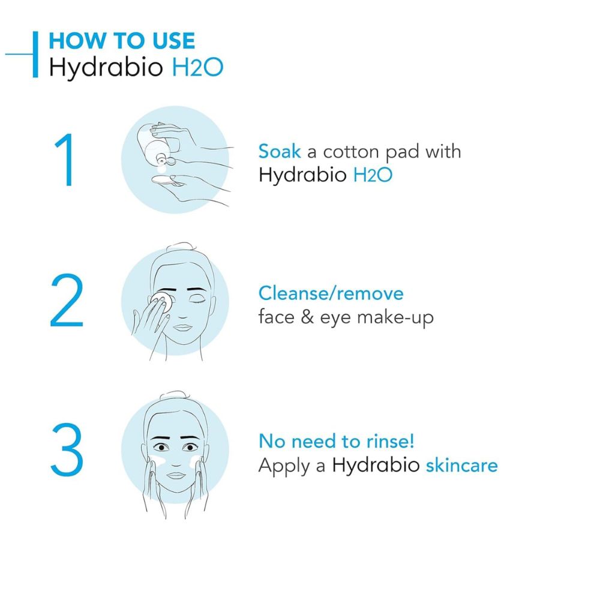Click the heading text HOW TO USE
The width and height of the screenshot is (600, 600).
pyautogui.click(x=122, y=41)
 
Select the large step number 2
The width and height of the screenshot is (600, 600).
pyautogui.click(x=67, y=300)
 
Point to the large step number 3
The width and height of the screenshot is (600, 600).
pyautogui.click(x=67, y=449)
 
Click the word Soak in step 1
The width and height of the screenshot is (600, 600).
pyautogui.click(x=280, y=151)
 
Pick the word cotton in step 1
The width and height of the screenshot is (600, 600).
pyautogui.click(x=351, y=152)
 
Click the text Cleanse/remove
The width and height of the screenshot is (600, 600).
pyautogui.click(x=331, y=293)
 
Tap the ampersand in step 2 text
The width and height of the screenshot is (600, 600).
pyautogui.click(x=307, y=317)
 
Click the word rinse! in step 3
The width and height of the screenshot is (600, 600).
pyautogui.click(x=391, y=441)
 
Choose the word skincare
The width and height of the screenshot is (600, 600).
pyautogui.click(x=462, y=466)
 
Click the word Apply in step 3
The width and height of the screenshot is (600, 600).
pyautogui.click(x=284, y=467)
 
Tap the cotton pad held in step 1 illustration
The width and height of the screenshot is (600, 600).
pyautogui.click(x=167, y=180)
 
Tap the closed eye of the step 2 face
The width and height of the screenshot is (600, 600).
pyautogui.click(x=197, y=302)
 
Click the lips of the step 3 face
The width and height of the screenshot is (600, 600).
pyautogui.click(x=176, y=475)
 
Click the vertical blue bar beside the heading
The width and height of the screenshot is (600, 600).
pyautogui.click(x=35, y=55)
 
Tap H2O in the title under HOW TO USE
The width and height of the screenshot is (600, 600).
pyautogui.click(x=197, y=67)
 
